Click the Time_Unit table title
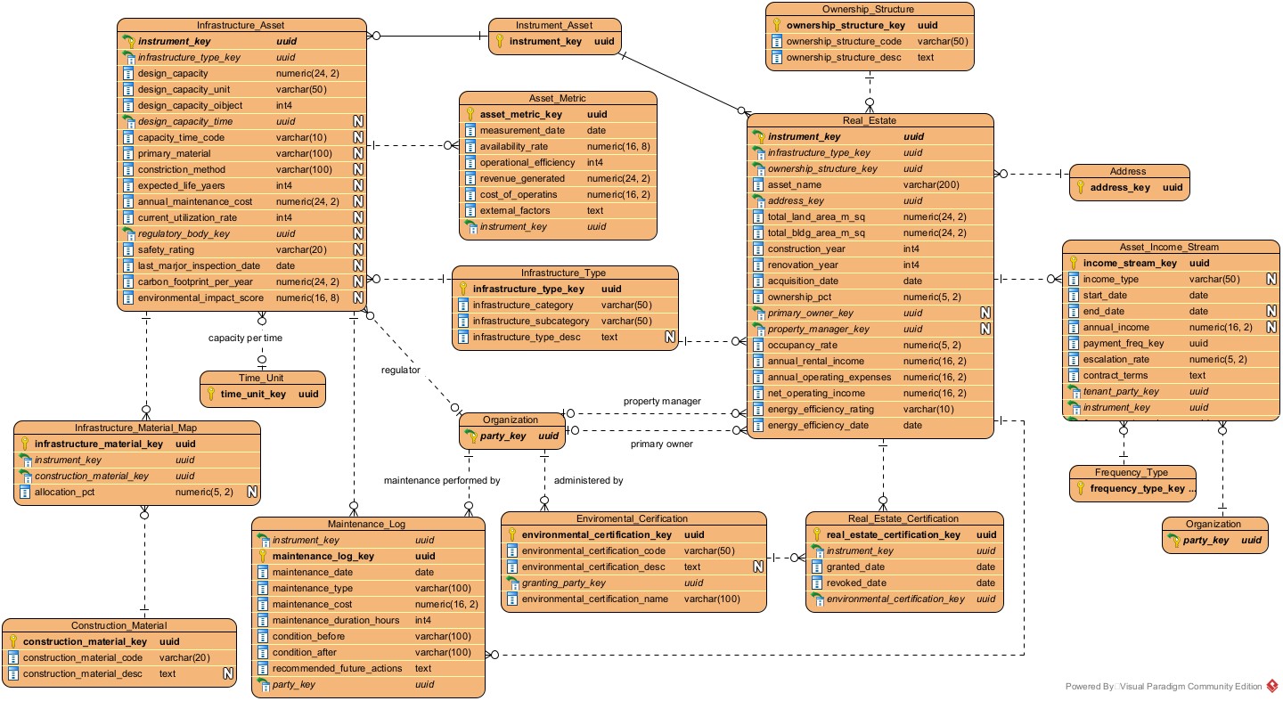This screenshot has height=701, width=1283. pos(262,377)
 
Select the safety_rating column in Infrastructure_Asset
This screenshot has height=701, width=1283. pos(166,250)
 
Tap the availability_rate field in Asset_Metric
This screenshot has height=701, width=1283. pos(514,147)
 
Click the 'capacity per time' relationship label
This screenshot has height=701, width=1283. pos(247,338)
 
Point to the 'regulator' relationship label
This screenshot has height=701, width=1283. pos(400,370)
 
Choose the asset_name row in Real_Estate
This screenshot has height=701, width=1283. pos(795,185)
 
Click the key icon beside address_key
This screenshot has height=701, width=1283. pos(1081,188)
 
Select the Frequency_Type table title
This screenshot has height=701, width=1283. pos(1132,472)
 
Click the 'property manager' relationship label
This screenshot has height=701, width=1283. pos(662,402)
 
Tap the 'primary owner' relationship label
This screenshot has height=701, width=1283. pos(662,444)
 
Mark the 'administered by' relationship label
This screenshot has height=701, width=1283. pos(588,481)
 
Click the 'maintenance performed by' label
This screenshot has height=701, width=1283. pos(442,481)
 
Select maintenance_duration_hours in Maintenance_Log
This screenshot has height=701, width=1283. pos(324,621)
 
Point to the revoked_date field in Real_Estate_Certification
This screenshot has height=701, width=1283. pos(855,583)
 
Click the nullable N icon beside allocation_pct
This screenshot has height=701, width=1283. pos(251,492)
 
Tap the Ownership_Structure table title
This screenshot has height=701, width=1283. pos(870,10)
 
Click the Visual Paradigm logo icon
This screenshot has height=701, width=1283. pos(1272,686)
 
